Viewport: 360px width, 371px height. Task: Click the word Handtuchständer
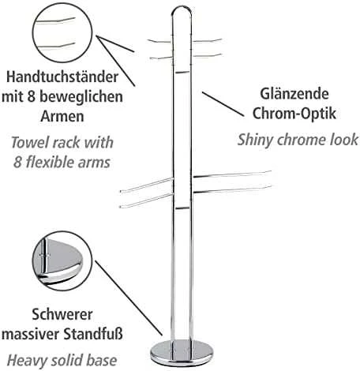pyautogui.click(x=62, y=77)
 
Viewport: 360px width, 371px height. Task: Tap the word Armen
pyautogui.click(x=62, y=116)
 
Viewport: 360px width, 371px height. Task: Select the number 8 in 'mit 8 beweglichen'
pyautogui.click(x=31, y=97)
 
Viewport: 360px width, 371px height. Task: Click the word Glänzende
pyautogui.click(x=294, y=94)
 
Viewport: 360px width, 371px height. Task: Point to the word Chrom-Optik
pyautogui.click(x=294, y=114)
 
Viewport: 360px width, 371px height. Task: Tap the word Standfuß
pyautogui.click(x=93, y=334)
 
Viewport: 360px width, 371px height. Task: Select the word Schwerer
pyautogui.click(x=62, y=314)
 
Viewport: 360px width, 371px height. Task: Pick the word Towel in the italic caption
pyautogui.click(x=28, y=143)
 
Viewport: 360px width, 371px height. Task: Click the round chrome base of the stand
pyautogui.click(x=182, y=353)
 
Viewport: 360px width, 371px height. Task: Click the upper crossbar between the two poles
pyautogui.click(x=182, y=72)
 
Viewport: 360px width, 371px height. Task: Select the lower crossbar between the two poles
pyautogui.click(x=182, y=208)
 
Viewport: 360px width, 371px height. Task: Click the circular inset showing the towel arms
pyautogui.click(x=62, y=33)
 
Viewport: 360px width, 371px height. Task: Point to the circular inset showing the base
pyautogui.click(x=62, y=261)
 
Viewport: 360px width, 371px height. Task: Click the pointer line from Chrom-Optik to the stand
pyautogui.click(x=223, y=104)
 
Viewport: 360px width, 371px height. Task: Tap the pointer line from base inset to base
pyautogui.click(x=129, y=298)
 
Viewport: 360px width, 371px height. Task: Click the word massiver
pyautogui.click(x=30, y=335)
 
